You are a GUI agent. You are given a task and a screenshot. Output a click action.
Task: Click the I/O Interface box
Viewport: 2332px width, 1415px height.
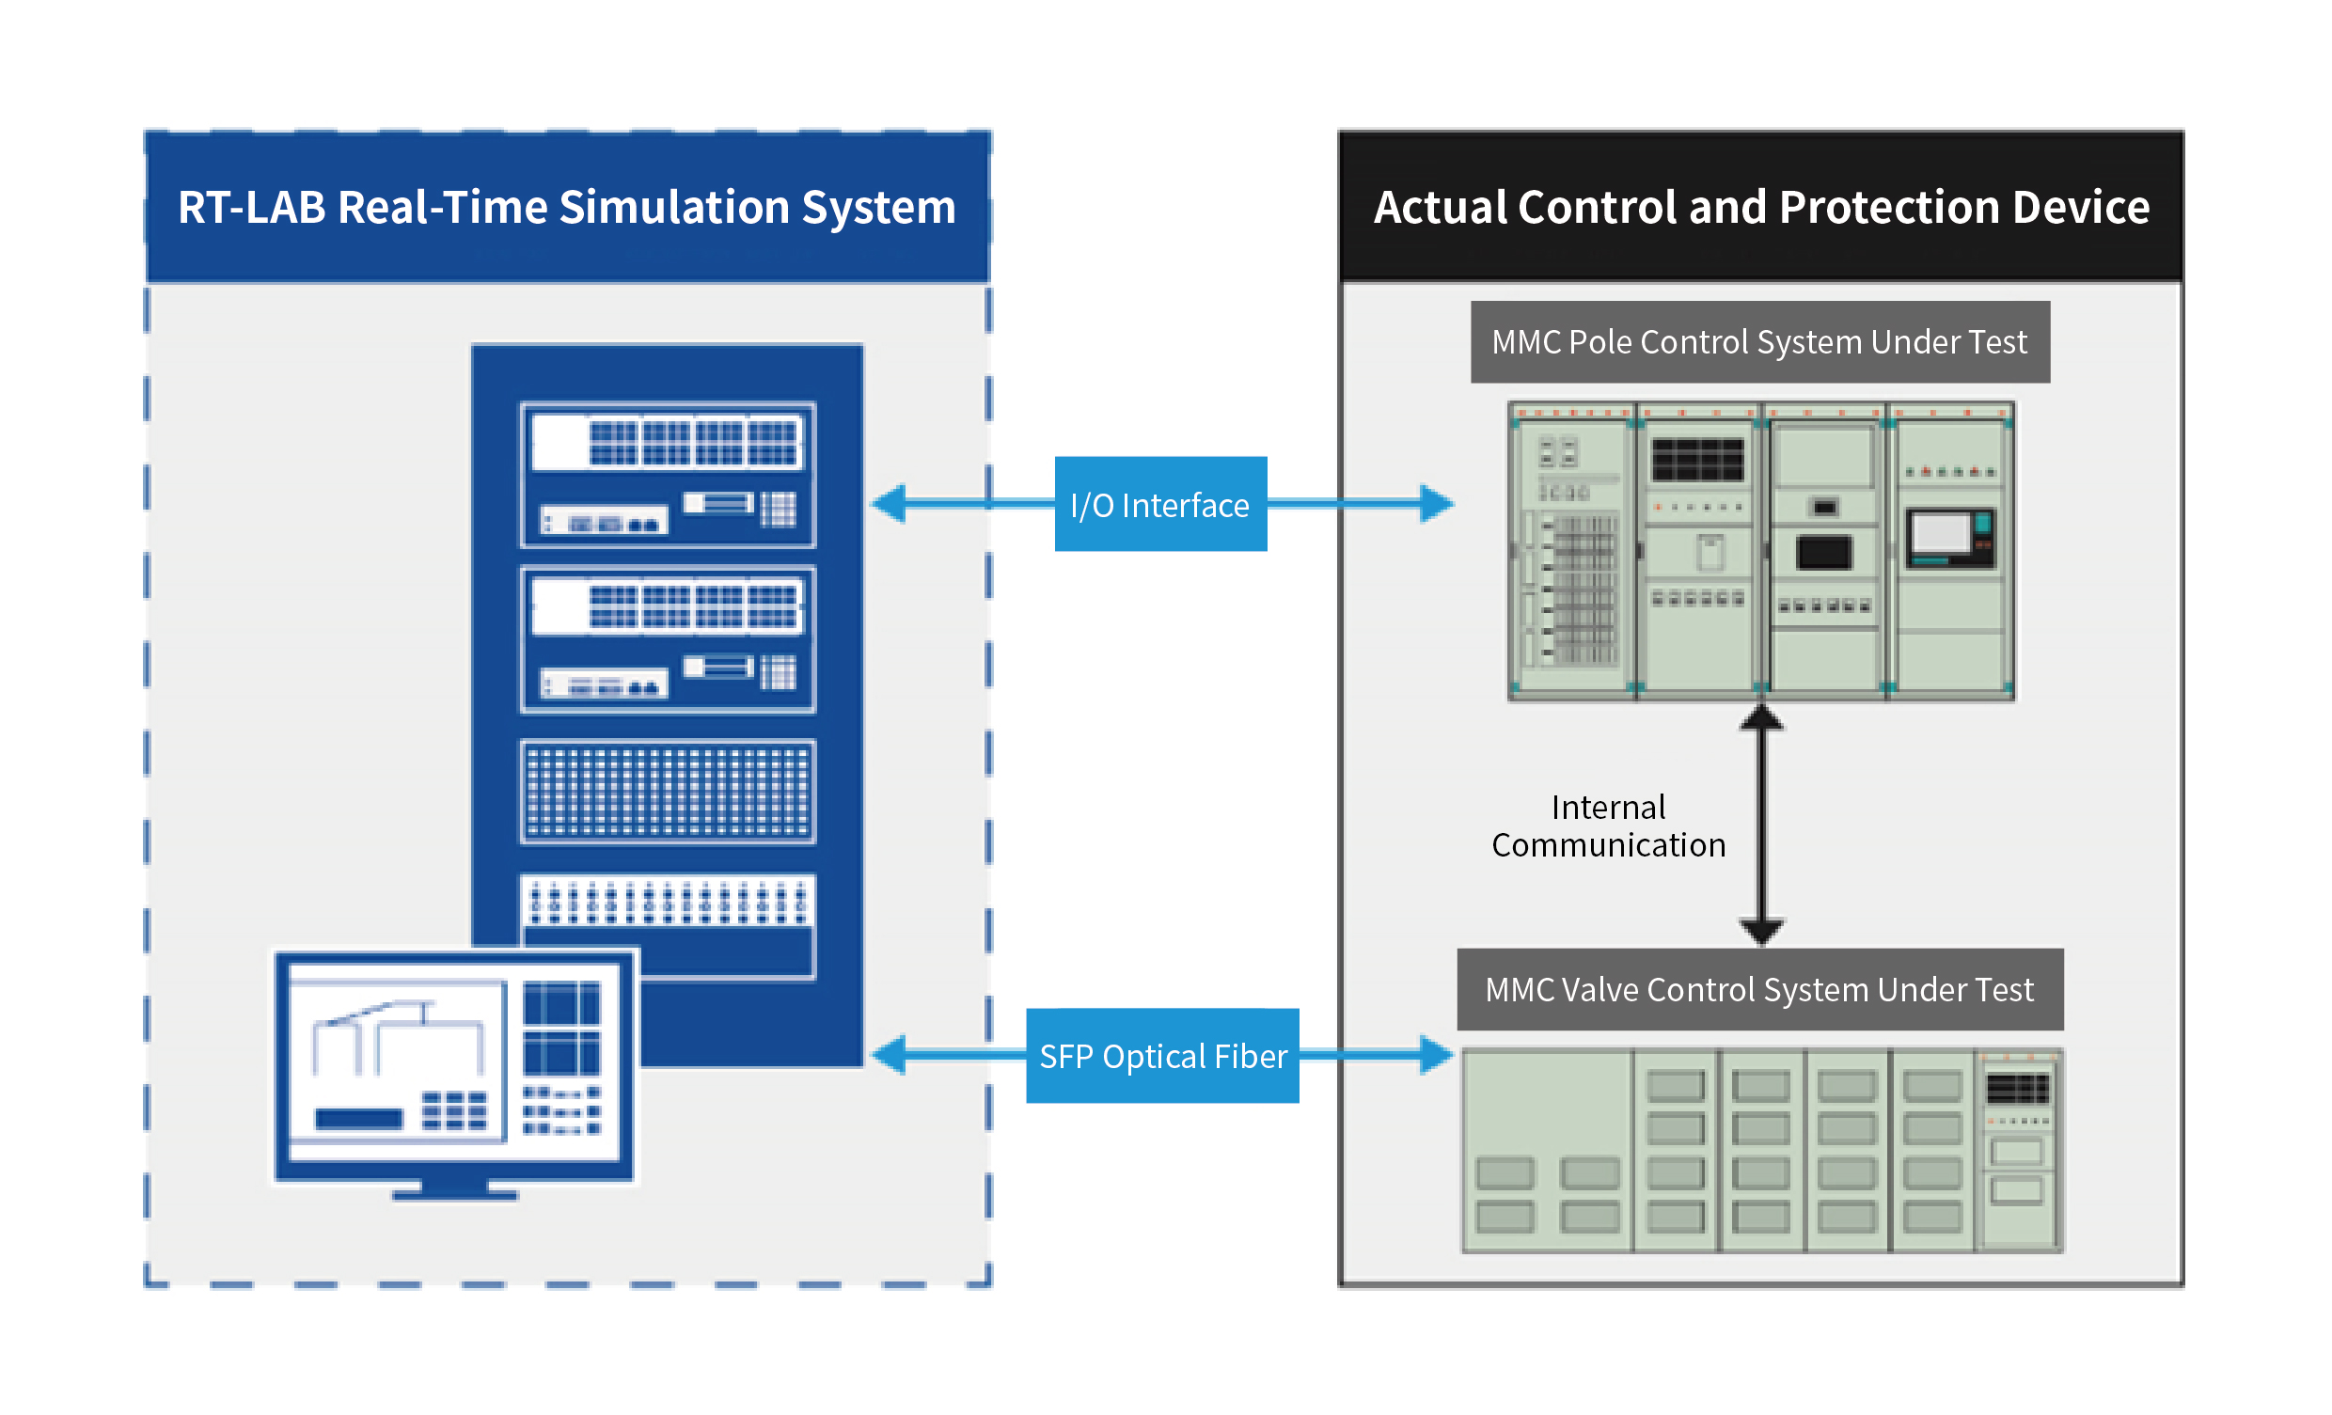point(1160,505)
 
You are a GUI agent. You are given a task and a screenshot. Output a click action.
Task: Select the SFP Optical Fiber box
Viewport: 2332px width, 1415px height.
point(1162,1055)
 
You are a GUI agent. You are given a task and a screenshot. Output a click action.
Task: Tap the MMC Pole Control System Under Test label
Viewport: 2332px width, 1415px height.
point(1759,341)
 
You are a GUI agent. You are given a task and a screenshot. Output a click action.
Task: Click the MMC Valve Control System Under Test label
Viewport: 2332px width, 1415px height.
point(1759,989)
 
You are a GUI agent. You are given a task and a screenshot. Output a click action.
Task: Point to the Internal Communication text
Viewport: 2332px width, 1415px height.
point(1608,826)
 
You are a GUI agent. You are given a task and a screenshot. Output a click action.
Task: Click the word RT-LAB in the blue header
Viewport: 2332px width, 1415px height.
point(252,207)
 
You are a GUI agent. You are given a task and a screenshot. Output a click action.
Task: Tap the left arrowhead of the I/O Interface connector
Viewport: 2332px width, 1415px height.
point(890,504)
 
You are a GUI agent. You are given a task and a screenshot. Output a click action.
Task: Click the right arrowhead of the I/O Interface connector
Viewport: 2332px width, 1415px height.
point(1436,504)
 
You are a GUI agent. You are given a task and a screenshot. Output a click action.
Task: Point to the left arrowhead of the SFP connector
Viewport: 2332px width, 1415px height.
point(890,1054)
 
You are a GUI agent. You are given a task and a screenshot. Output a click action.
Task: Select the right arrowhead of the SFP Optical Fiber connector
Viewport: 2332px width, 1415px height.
point(1436,1054)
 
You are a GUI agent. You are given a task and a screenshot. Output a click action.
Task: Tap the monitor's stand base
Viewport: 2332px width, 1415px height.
point(454,1194)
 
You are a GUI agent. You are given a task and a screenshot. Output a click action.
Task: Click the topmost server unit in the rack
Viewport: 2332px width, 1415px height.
point(668,475)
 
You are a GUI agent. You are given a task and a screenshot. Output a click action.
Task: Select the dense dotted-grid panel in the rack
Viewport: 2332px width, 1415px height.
point(668,793)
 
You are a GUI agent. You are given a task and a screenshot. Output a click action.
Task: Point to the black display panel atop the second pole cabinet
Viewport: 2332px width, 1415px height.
point(1697,460)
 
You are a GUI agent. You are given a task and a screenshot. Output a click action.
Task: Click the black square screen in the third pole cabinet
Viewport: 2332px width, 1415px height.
point(1824,552)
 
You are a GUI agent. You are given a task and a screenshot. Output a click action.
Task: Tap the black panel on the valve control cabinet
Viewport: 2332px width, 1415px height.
point(2017,1090)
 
